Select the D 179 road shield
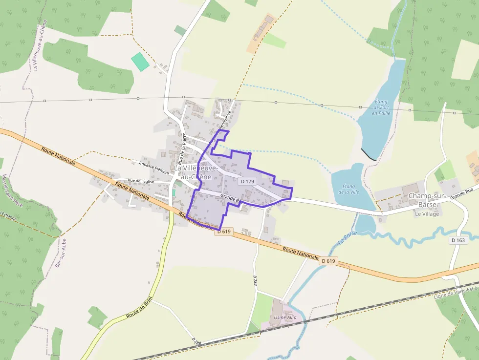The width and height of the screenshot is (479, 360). [248, 181]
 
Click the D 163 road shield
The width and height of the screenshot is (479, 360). [458, 240]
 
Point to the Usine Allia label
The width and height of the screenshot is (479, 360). [285, 317]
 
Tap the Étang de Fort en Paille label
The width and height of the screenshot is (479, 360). [381, 107]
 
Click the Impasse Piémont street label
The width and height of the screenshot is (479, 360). [154, 166]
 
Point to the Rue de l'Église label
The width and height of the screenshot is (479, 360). [141, 181]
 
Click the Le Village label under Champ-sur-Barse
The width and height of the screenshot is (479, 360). [427, 214]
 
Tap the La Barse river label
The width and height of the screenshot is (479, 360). [347, 237]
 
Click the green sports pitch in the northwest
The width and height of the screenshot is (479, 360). [140, 62]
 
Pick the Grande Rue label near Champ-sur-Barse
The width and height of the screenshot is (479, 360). [462, 194]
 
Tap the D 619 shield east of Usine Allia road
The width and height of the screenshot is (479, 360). [329, 261]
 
